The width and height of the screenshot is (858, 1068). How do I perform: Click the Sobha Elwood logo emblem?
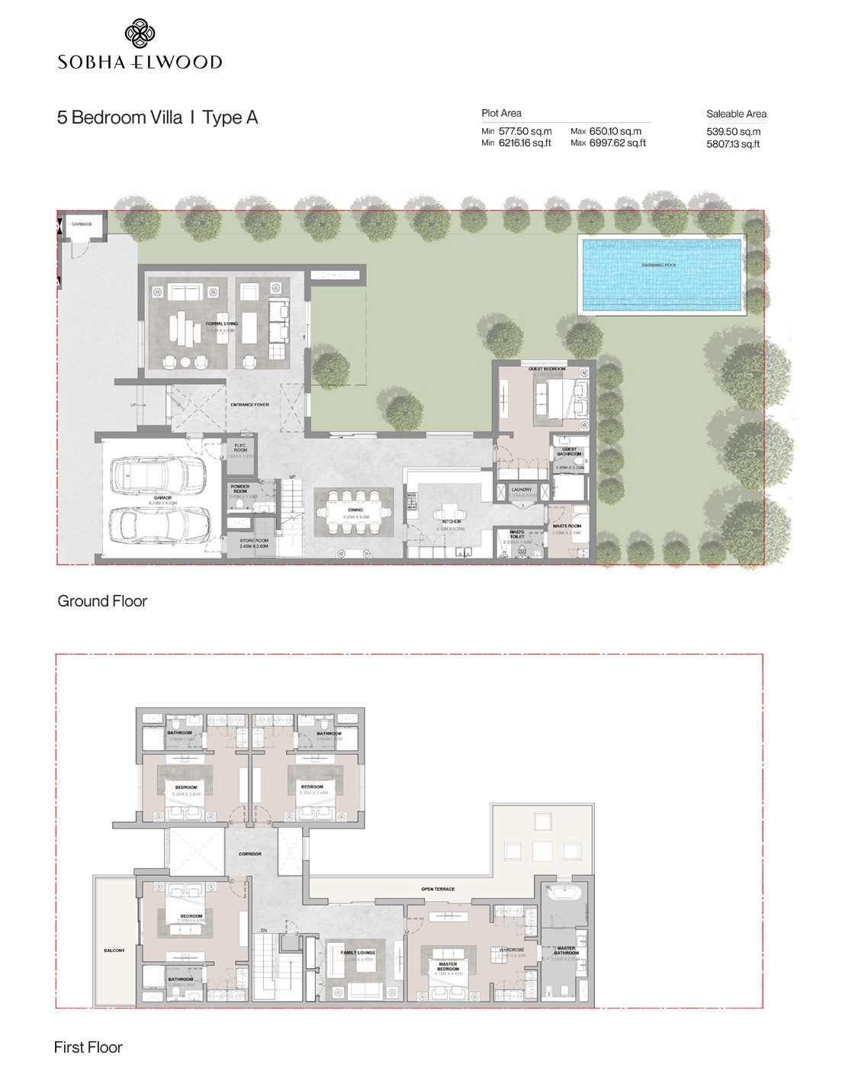coord(140,34)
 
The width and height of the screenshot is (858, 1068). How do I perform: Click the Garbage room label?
coord(82,224)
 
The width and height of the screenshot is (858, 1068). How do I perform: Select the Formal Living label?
coord(221,323)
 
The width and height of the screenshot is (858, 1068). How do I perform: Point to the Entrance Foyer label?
coord(249,404)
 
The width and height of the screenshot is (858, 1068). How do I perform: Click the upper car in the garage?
coord(159,475)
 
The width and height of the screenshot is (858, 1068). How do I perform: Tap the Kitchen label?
coord(451,522)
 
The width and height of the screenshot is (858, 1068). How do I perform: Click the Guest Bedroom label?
coord(547,369)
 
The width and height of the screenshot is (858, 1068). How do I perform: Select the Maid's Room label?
coord(567,526)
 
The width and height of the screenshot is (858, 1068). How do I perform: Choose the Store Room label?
coord(254,541)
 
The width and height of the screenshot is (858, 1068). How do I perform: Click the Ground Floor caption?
coord(102,601)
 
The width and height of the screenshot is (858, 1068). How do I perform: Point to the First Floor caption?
coord(88,1047)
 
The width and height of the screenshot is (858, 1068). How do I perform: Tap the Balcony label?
coord(114,951)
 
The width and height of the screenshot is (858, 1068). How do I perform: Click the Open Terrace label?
coord(438,889)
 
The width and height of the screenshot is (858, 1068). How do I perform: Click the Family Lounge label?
coord(358,953)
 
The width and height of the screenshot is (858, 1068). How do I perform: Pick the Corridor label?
coord(249,854)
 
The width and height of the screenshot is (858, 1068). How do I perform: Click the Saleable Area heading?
coord(736,114)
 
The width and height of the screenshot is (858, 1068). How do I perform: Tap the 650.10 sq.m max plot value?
coord(615,131)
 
